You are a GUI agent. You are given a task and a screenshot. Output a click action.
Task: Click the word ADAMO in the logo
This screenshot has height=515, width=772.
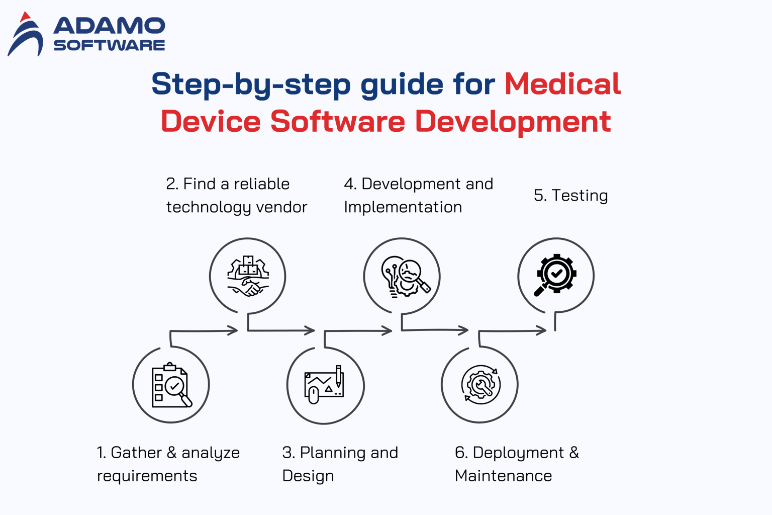[x=109, y=26]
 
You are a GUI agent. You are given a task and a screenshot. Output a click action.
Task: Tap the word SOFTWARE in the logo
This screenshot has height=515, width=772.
[x=109, y=45]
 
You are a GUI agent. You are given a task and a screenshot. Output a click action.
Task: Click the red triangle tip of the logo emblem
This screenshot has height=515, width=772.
[x=25, y=17]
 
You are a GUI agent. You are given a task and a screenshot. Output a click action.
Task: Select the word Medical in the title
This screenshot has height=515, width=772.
[x=562, y=83]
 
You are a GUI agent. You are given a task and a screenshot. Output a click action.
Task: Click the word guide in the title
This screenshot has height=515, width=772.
[x=402, y=84]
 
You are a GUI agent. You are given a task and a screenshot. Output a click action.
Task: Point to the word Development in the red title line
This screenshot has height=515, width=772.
[x=513, y=122]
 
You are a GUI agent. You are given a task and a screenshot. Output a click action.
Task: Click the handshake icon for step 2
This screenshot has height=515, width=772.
[x=248, y=276]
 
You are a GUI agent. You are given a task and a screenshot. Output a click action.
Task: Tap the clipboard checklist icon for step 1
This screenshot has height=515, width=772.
[x=171, y=385]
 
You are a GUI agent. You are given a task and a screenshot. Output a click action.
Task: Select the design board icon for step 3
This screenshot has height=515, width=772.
[x=325, y=385]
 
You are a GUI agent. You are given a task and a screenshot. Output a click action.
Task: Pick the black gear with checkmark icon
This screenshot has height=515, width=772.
[x=555, y=275]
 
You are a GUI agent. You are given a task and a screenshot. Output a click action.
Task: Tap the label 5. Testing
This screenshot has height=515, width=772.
[x=570, y=195]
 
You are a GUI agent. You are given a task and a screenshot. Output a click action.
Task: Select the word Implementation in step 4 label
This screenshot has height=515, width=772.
[x=403, y=207]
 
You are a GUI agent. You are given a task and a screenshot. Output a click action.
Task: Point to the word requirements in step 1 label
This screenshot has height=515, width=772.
[x=147, y=476]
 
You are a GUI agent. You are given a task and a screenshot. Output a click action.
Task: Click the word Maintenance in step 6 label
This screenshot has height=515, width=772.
[x=503, y=476]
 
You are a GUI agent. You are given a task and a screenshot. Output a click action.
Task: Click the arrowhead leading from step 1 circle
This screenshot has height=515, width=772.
[x=233, y=330]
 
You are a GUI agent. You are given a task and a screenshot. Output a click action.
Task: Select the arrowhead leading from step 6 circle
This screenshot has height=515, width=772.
[x=541, y=330]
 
